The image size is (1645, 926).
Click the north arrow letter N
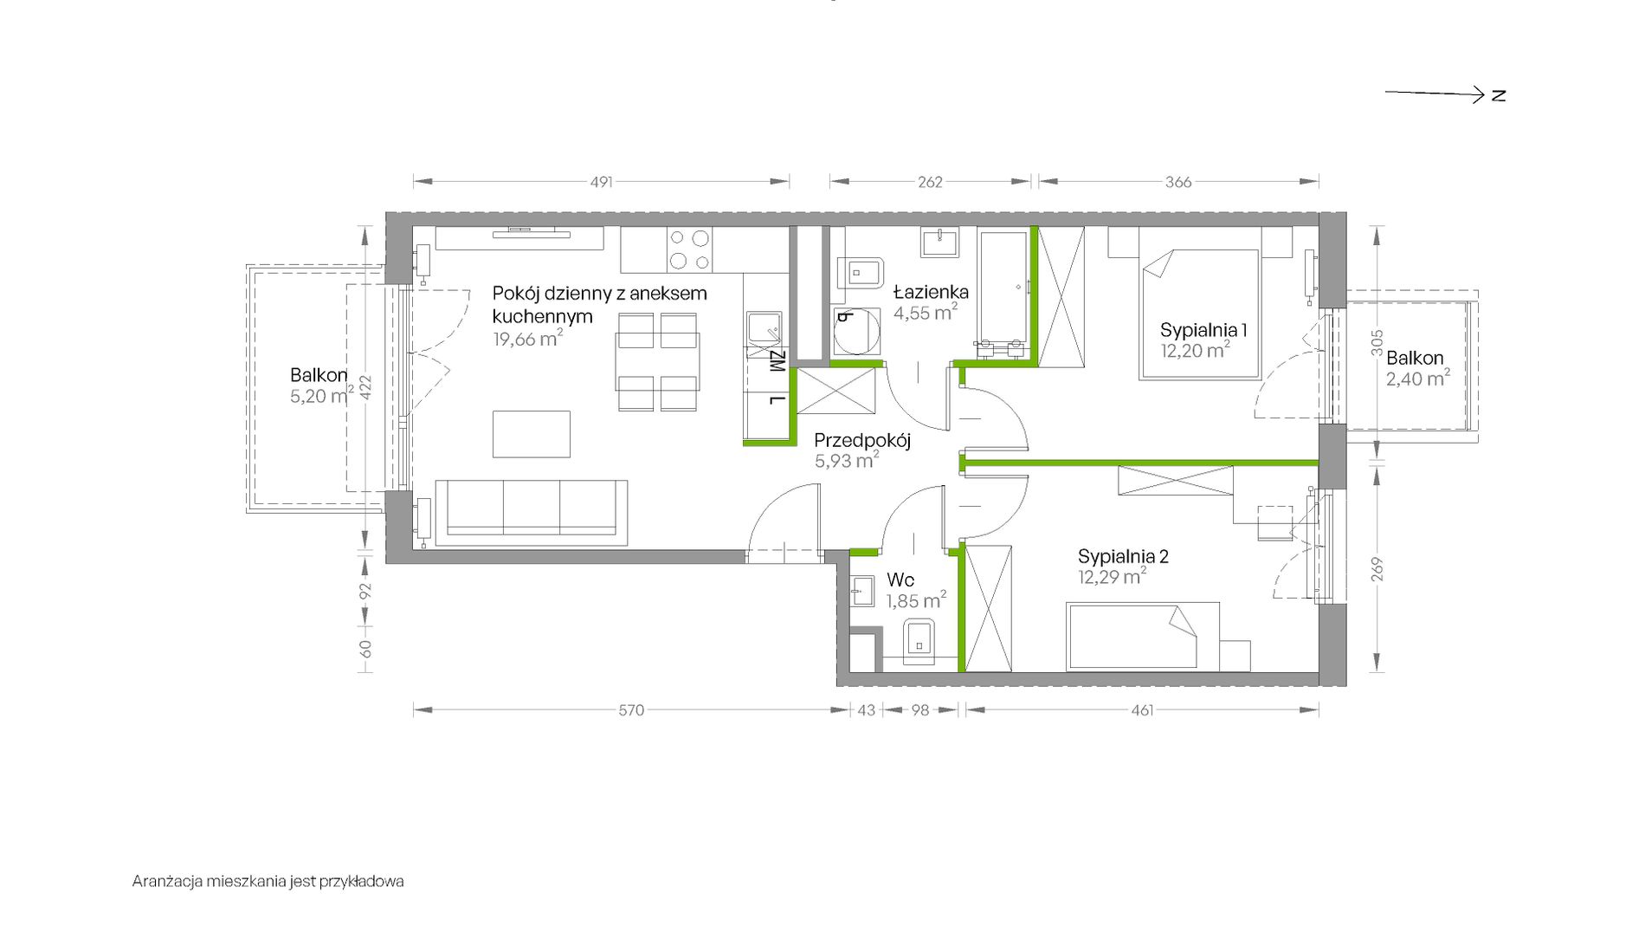point(1499,95)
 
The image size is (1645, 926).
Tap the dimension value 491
point(601,182)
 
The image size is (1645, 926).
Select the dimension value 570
point(631,710)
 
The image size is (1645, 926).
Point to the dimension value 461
point(1142,710)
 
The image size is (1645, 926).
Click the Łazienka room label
point(931,292)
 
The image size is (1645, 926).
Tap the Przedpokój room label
point(862,440)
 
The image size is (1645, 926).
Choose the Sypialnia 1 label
point(1203,330)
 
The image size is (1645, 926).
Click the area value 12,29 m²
point(1113,576)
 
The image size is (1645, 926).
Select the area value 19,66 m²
point(527,339)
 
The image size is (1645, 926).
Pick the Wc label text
point(900,580)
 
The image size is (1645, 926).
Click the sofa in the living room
point(531,512)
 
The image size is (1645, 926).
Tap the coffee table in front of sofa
point(532,434)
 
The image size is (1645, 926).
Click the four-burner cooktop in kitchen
point(689,249)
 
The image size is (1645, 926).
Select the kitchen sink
point(764,330)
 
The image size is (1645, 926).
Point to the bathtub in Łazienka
point(1003,292)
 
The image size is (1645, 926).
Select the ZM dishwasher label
point(777,361)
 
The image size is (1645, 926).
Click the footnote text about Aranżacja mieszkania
point(268,882)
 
